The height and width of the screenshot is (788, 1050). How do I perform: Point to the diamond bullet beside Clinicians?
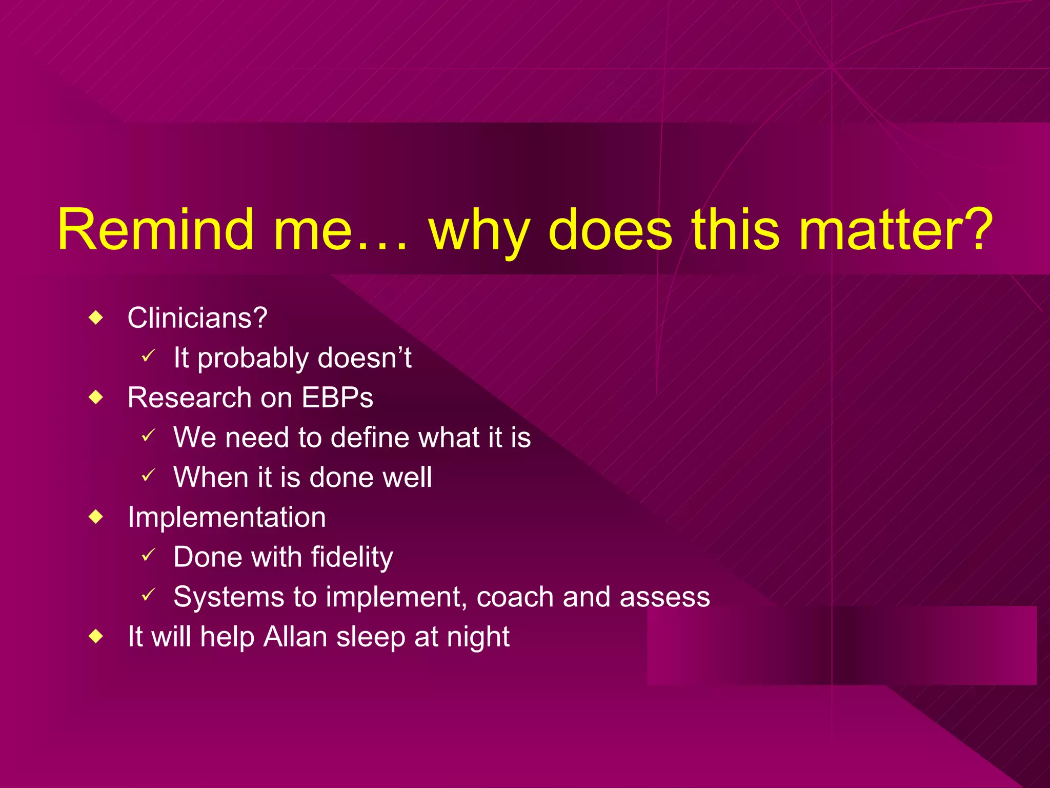coord(96,318)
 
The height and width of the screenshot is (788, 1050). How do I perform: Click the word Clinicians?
coord(197,318)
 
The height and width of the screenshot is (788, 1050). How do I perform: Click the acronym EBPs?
coord(337,398)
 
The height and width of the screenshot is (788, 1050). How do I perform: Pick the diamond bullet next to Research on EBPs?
coord(96,398)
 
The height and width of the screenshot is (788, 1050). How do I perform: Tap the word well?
coord(408,478)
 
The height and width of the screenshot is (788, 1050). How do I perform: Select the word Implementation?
coord(227,517)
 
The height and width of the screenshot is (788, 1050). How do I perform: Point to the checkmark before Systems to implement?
coord(148,595)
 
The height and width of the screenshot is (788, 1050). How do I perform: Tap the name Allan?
coord(295,637)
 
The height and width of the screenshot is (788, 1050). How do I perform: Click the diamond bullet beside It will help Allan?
coord(96,637)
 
